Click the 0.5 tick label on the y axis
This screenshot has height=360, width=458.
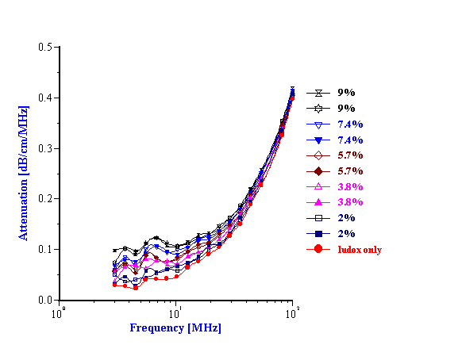point(44,48)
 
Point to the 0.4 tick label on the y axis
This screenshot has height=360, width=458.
point(44,98)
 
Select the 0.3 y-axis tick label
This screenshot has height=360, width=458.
point(44,148)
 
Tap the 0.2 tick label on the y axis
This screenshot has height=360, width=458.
point(44,199)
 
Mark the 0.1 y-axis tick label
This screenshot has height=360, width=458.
point(44,250)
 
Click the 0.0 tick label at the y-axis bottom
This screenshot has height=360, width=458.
point(44,301)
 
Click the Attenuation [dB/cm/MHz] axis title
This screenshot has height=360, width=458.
point(24,174)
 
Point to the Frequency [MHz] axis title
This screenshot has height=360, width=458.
point(175,328)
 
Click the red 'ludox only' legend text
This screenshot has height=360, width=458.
point(359,250)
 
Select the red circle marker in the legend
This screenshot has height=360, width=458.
point(318,249)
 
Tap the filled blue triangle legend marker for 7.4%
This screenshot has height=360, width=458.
point(318,140)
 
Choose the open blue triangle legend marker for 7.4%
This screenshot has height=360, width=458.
point(318,124)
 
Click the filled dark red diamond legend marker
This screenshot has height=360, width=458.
point(318,170)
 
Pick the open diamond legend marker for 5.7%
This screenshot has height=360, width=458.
point(318,155)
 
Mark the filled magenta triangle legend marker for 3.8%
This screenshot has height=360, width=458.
point(318,202)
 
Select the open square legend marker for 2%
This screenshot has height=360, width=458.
point(318,217)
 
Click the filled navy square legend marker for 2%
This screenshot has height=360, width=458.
point(318,233)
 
